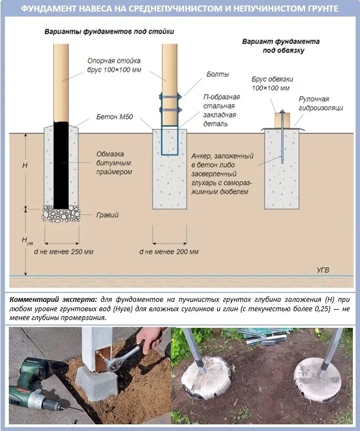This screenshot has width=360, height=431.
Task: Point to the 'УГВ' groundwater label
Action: point(324,269)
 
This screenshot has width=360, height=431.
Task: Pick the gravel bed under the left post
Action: point(61,214)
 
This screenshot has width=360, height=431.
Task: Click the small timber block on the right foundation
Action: point(282,120)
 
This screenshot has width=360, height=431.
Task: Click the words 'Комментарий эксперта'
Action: point(48,299)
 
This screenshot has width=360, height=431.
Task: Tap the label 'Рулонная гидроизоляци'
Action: point(320,103)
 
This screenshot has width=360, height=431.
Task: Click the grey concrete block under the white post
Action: point(96,383)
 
